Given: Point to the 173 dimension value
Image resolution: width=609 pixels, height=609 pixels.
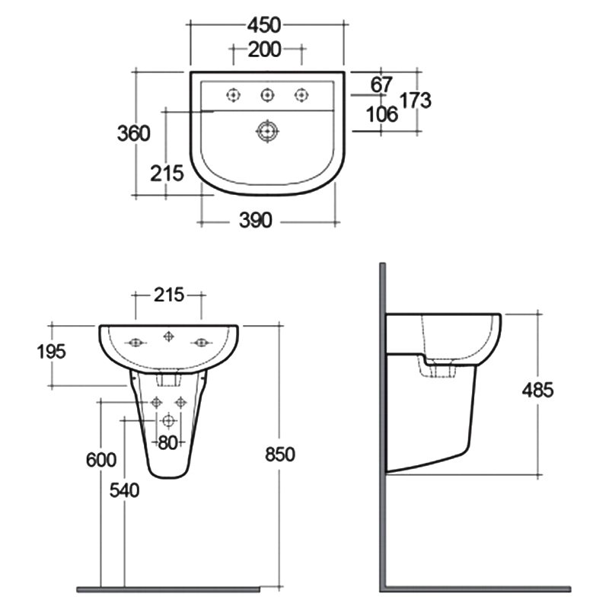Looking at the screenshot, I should [416, 100].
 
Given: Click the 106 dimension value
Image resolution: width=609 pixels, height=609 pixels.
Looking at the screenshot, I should [382, 114].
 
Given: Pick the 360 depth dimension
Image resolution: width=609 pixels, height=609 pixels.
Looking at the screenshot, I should [133, 133].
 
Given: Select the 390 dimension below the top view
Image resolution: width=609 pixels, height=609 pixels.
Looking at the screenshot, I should [256, 221].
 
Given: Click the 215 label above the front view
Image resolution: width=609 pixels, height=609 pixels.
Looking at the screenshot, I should [168, 295].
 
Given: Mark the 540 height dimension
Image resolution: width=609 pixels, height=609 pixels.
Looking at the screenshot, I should [124, 491].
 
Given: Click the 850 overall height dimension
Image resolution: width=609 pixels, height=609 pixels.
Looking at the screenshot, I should [279, 454].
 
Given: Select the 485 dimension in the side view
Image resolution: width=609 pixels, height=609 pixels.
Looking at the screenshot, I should [537, 391].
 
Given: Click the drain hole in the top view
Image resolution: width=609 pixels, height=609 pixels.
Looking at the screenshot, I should [266, 131].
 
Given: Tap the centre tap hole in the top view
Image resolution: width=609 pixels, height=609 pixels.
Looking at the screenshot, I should [266, 94].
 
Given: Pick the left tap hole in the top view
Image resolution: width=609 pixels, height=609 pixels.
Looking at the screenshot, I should [232, 94].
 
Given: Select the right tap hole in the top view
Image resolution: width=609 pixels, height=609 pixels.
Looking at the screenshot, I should [301, 94].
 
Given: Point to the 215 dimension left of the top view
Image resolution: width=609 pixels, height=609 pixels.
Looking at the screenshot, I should [167, 174].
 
